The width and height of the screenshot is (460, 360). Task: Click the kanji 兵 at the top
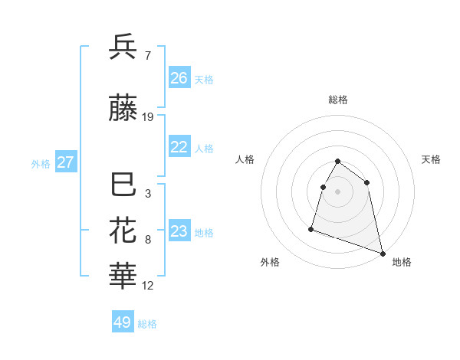tap(123, 47)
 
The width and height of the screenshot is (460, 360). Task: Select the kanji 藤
tap(123, 110)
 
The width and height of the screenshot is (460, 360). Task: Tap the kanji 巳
tap(123, 186)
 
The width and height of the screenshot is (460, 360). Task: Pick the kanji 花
tap(123, 231)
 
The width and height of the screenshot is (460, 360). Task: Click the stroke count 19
tap(148, 117)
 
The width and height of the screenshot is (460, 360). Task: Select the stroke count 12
tap(148, 286)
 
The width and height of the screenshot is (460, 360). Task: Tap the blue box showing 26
tap(179, 78)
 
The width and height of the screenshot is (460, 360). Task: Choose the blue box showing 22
tap(179, 148)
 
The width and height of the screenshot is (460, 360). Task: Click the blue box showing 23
tap(179, 231)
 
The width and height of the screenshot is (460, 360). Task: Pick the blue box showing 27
tap(66, 162)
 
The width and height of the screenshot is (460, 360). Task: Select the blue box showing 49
tap(123, 322)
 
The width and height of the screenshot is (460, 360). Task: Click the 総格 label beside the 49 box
tap(147, 324)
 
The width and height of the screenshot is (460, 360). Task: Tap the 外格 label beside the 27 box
tap(41, 163)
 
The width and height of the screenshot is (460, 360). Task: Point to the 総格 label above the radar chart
tap(338, 100)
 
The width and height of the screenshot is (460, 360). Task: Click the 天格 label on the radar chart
tap(431, 159)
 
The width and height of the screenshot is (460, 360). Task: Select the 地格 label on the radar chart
tap(402, 262)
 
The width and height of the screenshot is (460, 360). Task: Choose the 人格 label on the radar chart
tap(245, 159)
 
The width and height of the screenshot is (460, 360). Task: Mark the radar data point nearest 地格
tap(383, 253)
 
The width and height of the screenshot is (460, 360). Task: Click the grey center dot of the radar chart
tap(338, 191)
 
